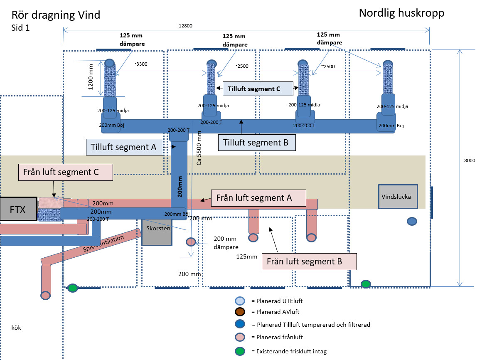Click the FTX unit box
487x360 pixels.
coord(17,209)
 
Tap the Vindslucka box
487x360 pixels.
coord(398,196)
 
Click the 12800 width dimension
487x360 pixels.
coord(186,26)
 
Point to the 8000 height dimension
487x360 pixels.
coord(469,160)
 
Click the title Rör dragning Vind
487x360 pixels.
coord(56,15)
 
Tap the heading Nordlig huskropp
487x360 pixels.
coord(401,13)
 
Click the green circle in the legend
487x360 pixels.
coord(240,351)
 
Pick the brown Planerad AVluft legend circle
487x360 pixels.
coord(240,312)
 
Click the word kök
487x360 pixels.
coord(16,328)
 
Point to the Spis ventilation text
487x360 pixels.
coord(104,244)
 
